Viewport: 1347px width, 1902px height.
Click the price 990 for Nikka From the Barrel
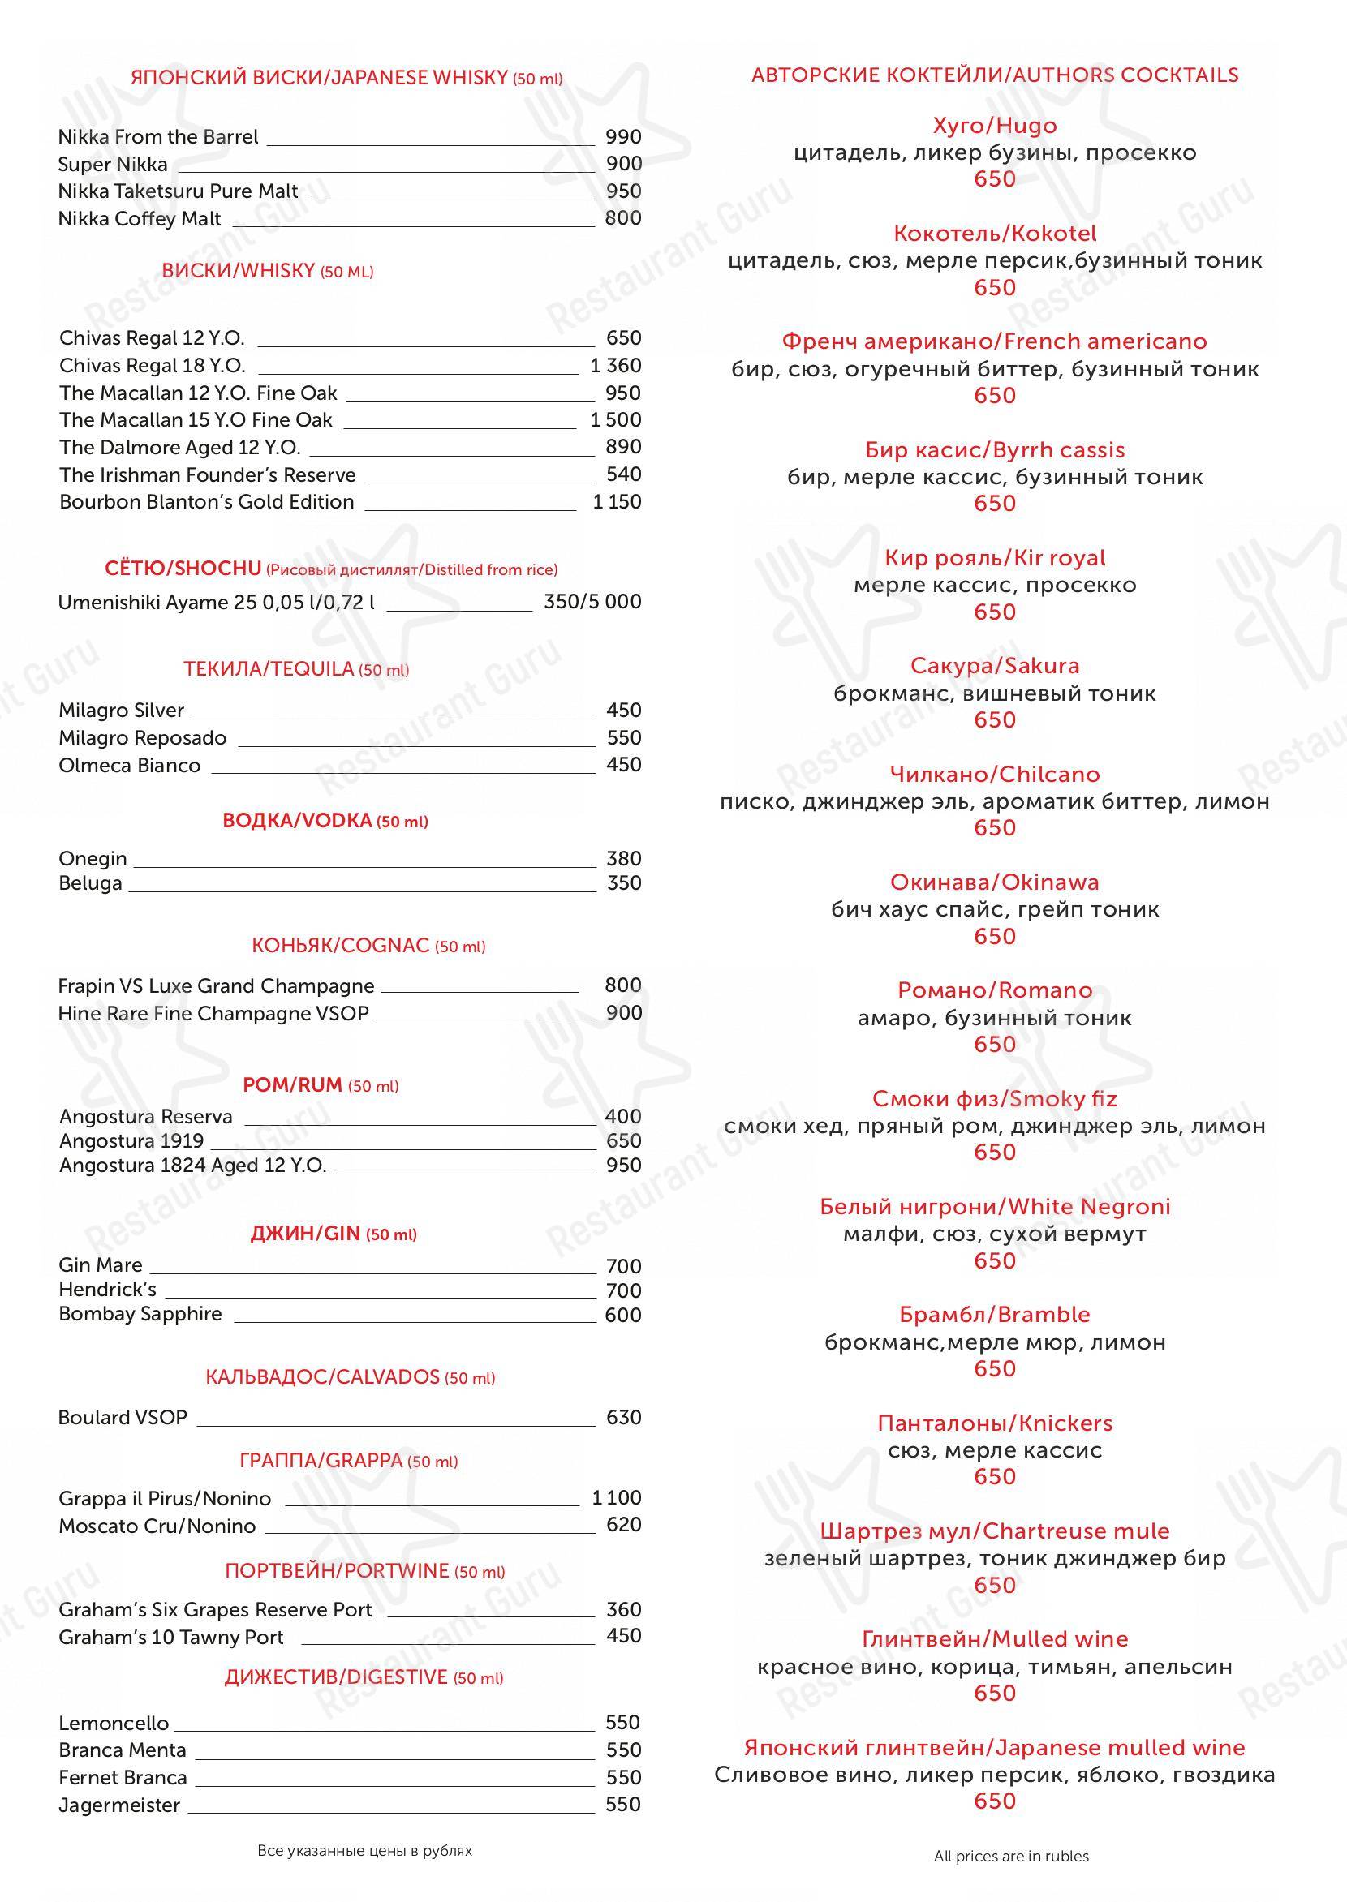click(623, 137)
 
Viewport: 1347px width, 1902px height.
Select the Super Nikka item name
click(113, 164)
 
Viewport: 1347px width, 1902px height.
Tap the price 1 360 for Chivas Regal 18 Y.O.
click(615, 366)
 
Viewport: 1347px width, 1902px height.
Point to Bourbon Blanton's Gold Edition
click(207, 501)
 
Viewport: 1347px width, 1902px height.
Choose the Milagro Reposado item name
click(142, 738)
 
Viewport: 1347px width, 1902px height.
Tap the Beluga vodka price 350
click(624, 882)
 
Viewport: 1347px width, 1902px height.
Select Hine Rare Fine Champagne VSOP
click(213, 1013)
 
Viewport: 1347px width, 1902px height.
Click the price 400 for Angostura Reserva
click(623, 1116)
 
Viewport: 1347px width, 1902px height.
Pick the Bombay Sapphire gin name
click(140, 1314)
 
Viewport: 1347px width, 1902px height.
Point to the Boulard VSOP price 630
click(624, 1417)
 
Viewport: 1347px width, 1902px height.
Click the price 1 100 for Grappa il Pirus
click(616, 1497)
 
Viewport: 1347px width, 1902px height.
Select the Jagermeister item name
click(119, 1805)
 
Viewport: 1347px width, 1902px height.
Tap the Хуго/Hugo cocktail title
click(995, 126)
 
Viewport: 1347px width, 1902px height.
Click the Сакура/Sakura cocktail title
click(995, 666)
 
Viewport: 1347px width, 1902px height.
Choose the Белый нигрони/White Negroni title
click(995, 1206)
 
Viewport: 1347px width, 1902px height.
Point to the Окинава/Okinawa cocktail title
click(995, 882)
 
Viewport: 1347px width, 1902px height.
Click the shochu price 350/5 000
click(592, 602)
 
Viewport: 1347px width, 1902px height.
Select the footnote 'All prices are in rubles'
click(1011, 1857)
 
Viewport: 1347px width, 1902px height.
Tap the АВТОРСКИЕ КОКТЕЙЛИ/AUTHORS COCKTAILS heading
click(995, 75)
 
